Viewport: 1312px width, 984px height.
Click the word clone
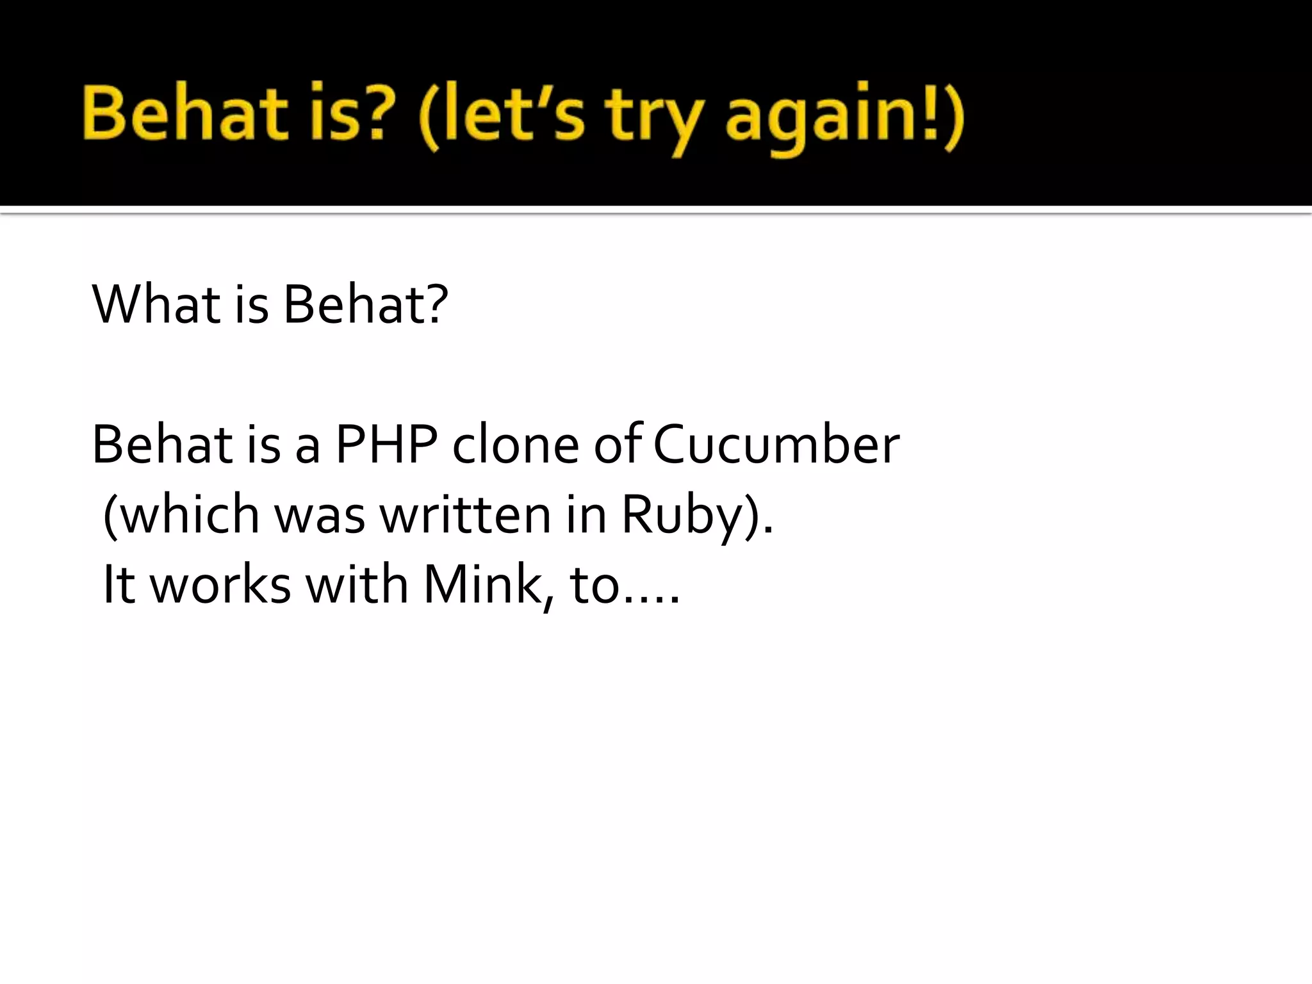coord(516,444)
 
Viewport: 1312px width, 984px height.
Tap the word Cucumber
coord(776,444)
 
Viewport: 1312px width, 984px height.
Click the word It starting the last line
coord(119,584)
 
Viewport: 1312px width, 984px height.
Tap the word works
coord(220,584)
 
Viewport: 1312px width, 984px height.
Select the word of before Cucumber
coord(618,444)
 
